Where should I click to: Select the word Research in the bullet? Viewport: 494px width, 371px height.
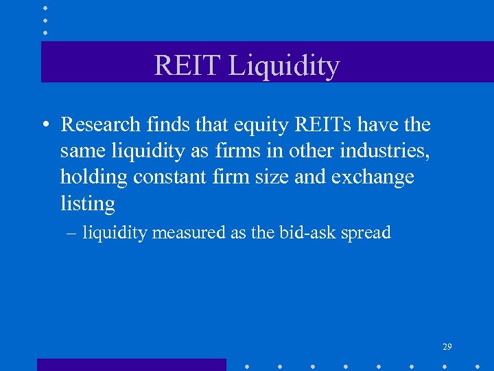tap(101, 124)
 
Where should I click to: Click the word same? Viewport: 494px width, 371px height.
tap(80, 151)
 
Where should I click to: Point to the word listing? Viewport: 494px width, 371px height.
tap(87, 204)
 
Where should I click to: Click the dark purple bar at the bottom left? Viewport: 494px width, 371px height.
tap(131, 364)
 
